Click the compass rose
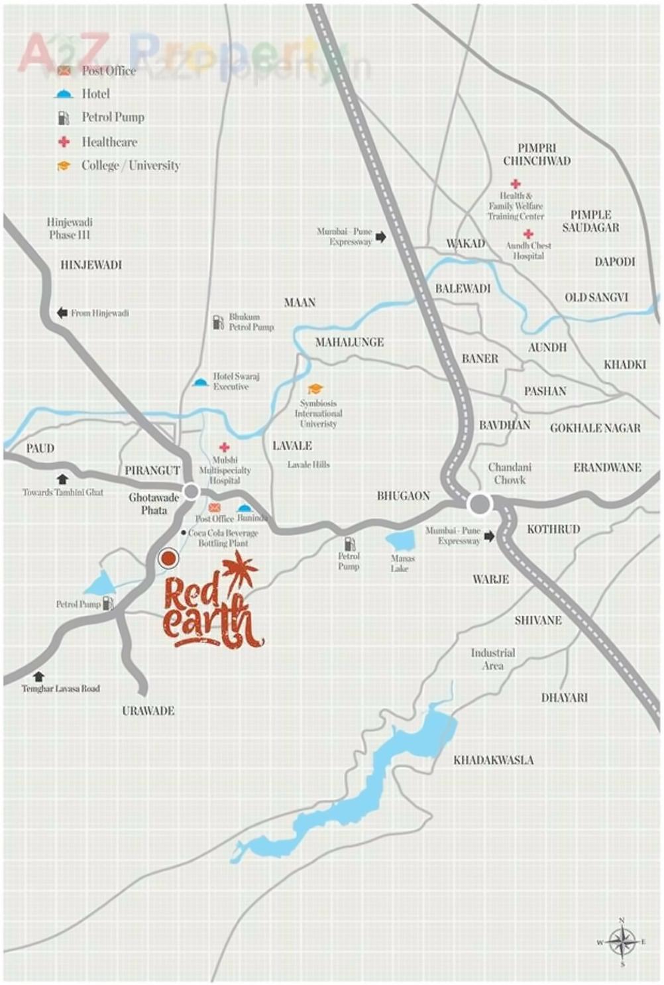coord(622,941)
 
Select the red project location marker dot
coord(169,559)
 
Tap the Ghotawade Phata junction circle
coord(192,492)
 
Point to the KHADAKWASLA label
coord(493,760)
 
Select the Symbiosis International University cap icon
coord(315,389)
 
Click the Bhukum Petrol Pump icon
coord(218,322)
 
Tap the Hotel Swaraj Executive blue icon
coord(200,382)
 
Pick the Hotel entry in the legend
coord(95,94)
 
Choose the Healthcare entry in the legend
coord(109,142)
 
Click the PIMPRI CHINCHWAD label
coord(537,154)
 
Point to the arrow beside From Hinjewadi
coord(62,313)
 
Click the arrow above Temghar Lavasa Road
coord(38,676)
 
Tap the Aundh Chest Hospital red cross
coord(528,234)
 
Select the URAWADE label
coord(148,711)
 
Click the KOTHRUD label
coord(553,530)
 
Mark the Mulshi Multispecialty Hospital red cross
coord(225,447)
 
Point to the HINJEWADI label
coord(91,265)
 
